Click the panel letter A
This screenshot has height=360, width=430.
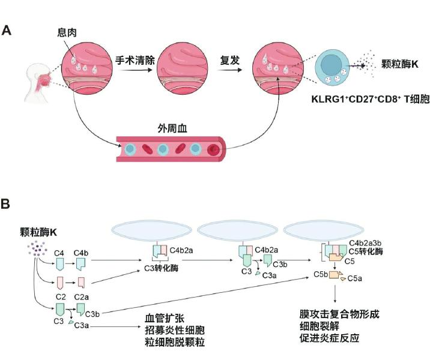pos(7,30)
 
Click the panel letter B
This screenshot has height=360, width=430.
pos(5,204)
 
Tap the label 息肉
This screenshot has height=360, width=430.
pos(67,32)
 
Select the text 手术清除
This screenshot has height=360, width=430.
pos(135,60)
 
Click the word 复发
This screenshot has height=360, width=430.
pos(230,60)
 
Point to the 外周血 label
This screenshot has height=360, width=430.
pos(172,128)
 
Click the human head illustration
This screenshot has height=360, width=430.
pos(38,83)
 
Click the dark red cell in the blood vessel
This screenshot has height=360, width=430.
pos(213,149)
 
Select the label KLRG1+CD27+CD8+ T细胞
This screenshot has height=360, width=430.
pos(370,98)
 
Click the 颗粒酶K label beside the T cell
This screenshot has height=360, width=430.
pos(400,64)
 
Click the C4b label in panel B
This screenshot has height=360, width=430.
pos(81,253)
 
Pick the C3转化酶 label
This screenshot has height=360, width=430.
pos(161,268)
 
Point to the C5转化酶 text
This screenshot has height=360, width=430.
pos(366,251)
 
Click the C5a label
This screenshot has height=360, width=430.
pos(354,278)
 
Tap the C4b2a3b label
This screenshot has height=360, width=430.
pos(365,243)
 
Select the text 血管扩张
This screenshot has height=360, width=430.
pos(165,319)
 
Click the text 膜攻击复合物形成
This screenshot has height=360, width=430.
pos(339,314)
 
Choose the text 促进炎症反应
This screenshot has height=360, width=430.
pos(329,338)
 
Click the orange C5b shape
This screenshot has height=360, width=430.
pos(335,275)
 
